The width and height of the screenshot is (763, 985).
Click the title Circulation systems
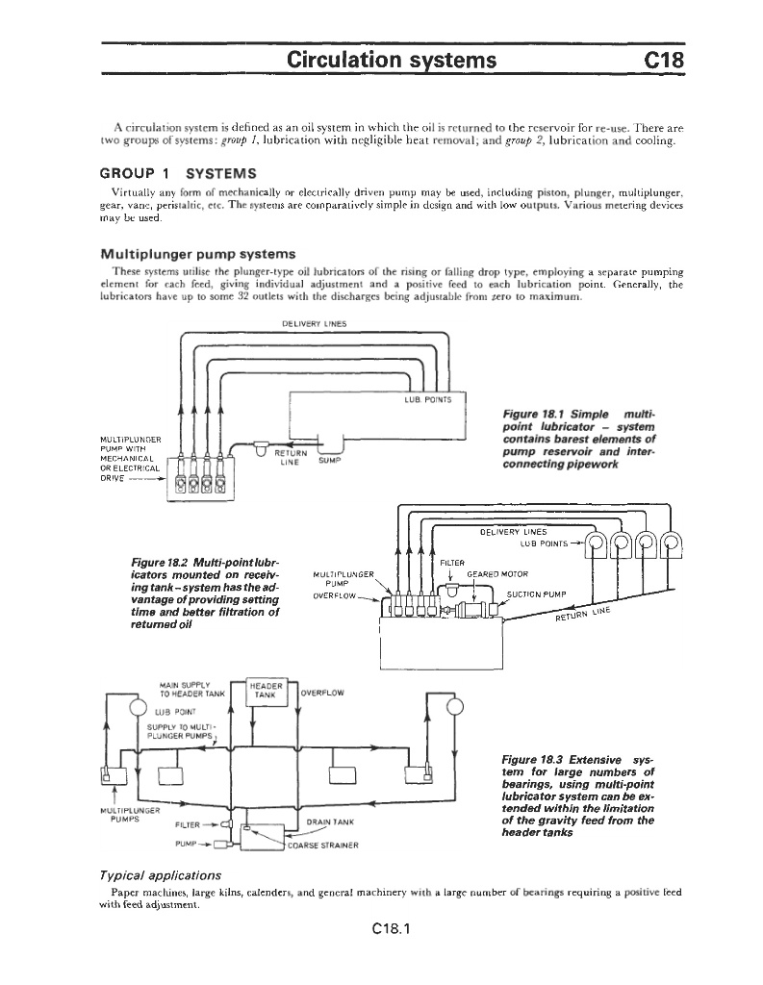pos(392,61)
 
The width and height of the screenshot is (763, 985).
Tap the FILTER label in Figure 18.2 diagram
pos(452,563)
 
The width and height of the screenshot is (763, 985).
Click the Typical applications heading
pos(161,875)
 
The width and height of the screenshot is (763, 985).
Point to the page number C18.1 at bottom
pos(382,929)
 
